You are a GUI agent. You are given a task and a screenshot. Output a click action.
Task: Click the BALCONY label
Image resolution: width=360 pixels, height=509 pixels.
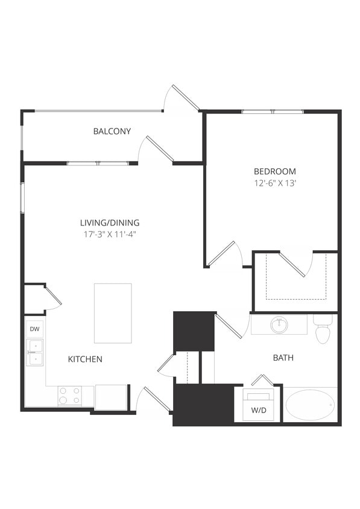[112, 131]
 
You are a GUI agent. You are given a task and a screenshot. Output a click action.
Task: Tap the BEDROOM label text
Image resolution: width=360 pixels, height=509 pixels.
[274, 171]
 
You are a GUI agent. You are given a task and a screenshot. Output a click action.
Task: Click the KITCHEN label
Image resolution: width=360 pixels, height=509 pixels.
[85, 359]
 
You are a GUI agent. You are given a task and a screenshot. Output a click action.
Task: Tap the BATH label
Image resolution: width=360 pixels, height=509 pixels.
[283, 358]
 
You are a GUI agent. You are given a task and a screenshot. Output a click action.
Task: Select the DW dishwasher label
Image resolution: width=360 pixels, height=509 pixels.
[34, 329]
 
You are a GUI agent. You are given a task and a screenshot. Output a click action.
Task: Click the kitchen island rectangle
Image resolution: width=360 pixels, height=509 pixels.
[113, 313]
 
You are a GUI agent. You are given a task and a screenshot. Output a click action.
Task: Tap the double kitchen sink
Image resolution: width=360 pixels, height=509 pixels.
[35, 352]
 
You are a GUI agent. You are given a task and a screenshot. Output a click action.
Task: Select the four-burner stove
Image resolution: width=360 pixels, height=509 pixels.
[69, 396]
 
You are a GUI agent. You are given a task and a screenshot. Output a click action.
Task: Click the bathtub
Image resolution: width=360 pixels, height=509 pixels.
[310, 405]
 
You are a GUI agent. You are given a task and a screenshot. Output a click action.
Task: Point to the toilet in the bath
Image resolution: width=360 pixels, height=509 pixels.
[323, 330]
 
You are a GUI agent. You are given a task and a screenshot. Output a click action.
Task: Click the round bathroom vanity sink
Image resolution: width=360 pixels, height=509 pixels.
[279, 325]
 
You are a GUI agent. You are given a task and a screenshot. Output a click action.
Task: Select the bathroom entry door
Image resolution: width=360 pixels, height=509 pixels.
[230, 326]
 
